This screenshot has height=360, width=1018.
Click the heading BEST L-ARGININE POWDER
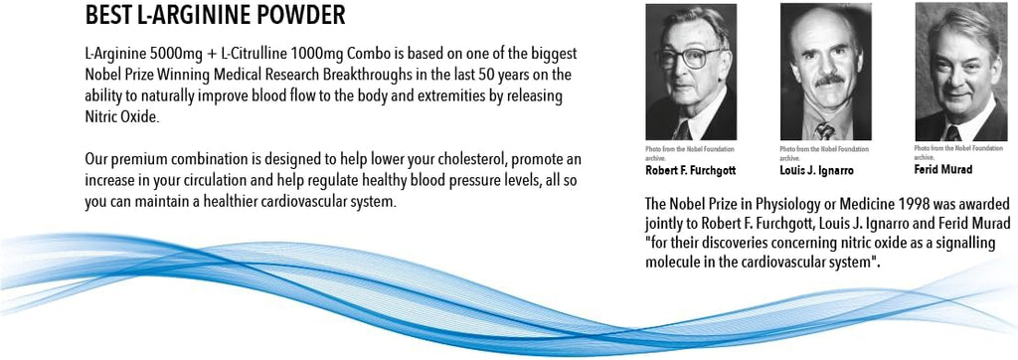click(216, 16)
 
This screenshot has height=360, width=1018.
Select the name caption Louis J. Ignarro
click(817, 171)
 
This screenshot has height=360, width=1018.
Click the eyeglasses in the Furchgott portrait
click(690, 59)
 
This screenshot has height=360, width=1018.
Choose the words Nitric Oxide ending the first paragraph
click(120, 116)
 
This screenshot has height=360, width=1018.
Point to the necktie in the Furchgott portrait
click(682, 130)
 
